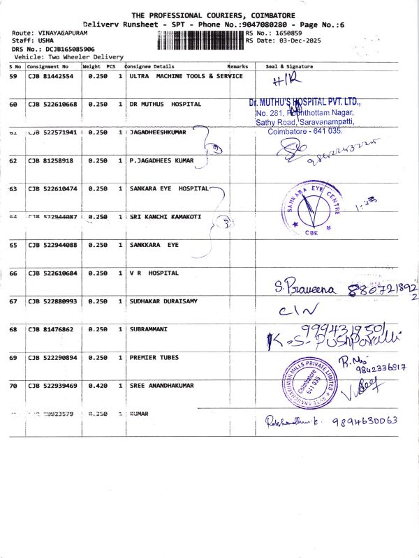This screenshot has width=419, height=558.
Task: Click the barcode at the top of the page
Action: coord(201,38)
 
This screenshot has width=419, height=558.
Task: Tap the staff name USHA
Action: coord(46,40)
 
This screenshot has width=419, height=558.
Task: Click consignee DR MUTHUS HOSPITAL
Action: coord(166,104)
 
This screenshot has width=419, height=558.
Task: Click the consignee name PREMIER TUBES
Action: coord(154,357)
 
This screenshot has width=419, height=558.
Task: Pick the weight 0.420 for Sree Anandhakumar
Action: coord(97,385)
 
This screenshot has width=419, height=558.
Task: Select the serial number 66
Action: coord(13,273)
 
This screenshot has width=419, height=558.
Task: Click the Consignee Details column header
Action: coord(149,66)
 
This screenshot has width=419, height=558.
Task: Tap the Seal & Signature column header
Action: coord(289,66)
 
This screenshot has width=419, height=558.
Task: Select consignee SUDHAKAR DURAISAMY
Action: coord(163,301)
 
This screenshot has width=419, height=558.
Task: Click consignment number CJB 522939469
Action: coord(52,385)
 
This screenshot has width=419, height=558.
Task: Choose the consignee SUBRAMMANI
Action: coord(149,329)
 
